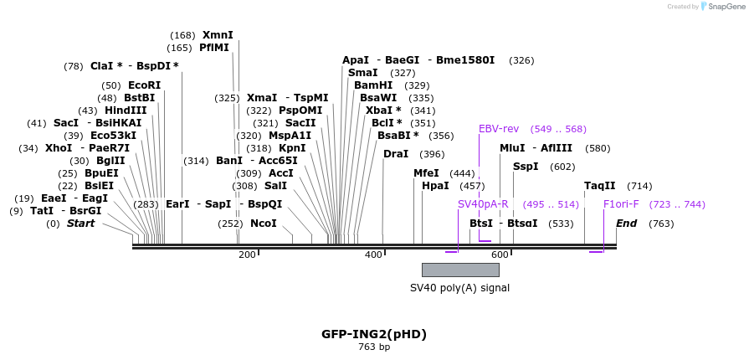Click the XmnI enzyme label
pyautogui.click(x=218, y=35)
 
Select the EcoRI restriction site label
pyautogui.click(x=144, y=85)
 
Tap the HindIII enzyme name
pyautogui.click(x=126, y=111)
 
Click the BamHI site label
pyautogui.click(x=373, y=85)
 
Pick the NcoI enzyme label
pyautogui.click(x=263, y=224)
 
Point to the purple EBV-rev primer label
pyautogui.click(x=499, y=129)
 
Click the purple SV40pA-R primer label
pyautogui.click(x=483, y=204)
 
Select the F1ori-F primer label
pyautogui.click(x=621, y=204)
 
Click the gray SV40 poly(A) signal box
pyautogui.click(x=460, y=270)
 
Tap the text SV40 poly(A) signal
pyautogui.click(x=459, y=288)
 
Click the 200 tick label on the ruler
pyautogui.click(x=247, y=255)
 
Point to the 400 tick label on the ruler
pyautogui.click(x=373, y=255)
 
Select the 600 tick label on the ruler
pyautogui.click(x=500, y=255)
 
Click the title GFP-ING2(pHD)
pyautogui.click(x=374, y=334)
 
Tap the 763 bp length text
pyautogui.click(x=374, y=347)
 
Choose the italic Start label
pyautogui.click(x=81, y=224)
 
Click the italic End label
pyautogui.click(x=627, y=224)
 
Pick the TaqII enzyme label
pyautogui.click(x=600, y=186)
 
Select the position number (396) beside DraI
pyautogui.click(x=432, y=154)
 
